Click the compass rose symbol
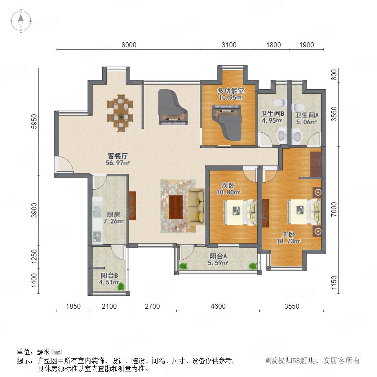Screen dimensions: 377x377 tap(21, 21)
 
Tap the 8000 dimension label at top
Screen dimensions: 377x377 tap(129, 45)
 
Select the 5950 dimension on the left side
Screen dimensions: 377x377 tap(34, 121)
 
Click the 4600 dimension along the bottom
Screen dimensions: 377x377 tap(218, 306)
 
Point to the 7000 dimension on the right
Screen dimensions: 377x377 tap(334, 209)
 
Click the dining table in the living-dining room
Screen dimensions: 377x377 tap(120, 113)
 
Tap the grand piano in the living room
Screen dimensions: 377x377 tap(173, 107)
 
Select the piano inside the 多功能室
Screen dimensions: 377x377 tap(227, 122)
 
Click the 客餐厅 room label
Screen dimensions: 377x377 tap(118, 156)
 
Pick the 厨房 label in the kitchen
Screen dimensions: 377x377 tap(113, 214)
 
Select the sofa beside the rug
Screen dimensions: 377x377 tap(196, 207)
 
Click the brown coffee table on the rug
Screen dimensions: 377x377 tap(176, 207)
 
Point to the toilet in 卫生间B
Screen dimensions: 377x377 tap(281, 102)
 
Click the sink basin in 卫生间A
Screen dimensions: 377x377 tap(297, 136)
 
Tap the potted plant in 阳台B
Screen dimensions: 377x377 tap(121, 287)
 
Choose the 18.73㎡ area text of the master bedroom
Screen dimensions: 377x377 tap(289, 241)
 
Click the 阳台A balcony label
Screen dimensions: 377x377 tap(218, 256)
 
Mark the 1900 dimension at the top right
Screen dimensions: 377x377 tap(307, 45)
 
